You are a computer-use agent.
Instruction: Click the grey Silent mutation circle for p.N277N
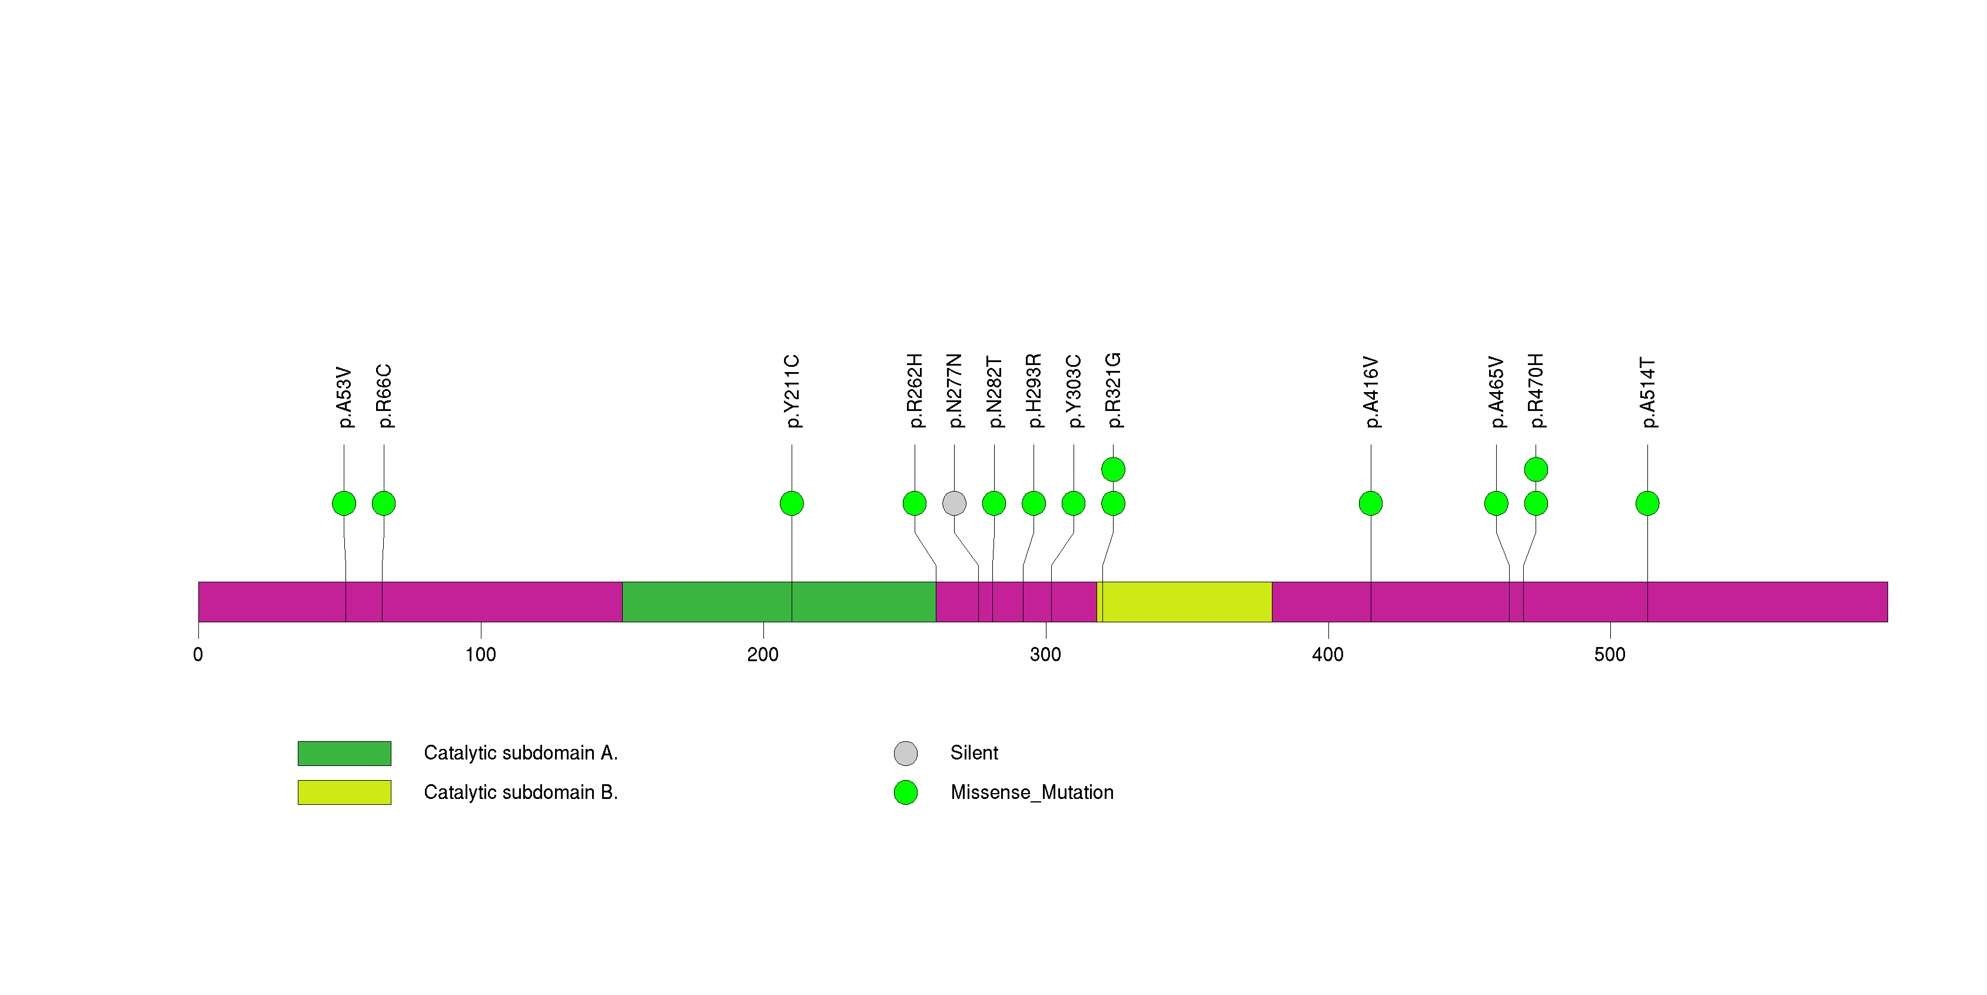point(954,503)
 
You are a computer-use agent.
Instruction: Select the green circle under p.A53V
point(344,503)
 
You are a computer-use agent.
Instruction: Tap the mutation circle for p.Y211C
point(792,503)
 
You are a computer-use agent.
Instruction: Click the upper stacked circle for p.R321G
point(1113,469)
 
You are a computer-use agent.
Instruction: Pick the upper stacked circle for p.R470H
point(1536,469)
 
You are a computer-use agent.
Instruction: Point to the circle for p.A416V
point(1371,503)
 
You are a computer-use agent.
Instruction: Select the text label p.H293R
point(1034,390)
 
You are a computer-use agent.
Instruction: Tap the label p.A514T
point(1647,392)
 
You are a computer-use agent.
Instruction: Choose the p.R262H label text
point(915,390)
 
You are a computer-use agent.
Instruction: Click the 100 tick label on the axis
point(480,655)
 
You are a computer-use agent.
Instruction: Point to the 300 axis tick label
point(1045,655)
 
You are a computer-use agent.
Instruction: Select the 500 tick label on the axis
point(1610,655)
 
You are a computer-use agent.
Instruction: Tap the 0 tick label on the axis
point(198,655)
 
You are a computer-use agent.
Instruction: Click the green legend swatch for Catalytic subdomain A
point(344,753)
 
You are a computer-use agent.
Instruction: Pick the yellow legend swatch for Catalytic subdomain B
point(344,792)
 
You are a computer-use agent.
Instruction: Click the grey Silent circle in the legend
point(906,753)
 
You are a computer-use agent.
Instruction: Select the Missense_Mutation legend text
point(1031,792)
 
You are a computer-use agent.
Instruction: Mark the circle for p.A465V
point(1496,503)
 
